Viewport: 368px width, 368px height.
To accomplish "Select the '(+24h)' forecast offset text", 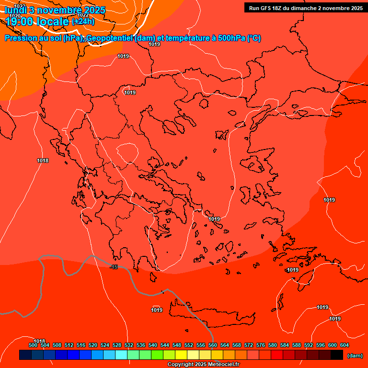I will [83, 22].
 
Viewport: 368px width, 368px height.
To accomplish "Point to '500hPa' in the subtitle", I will [228, 38].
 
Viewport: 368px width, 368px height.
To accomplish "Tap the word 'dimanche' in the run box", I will [307, 8].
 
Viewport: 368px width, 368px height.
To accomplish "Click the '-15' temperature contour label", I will [114, 267].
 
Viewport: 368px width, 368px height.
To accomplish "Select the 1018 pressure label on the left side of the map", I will [43, 161].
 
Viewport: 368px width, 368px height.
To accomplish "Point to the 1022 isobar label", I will [83, 15].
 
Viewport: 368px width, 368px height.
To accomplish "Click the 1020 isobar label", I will [15, 16].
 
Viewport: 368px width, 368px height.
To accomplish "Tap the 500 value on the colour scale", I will [33, 345].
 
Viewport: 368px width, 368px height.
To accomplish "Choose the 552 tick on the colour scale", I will [189, 345].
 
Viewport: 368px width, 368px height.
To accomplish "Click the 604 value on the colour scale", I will [345, 345].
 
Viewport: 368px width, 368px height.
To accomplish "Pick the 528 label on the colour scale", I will [117, 345].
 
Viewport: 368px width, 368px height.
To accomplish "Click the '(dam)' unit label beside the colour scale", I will [355, 355].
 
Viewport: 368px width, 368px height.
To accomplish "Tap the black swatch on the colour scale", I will [337, 355].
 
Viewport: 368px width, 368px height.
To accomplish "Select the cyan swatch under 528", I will [121, 355].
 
